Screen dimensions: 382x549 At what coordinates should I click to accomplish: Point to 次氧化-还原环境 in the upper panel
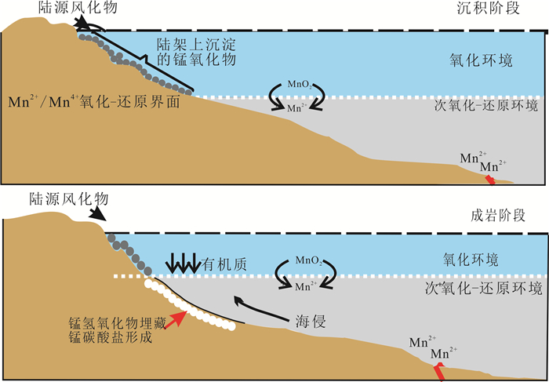pos(488,106)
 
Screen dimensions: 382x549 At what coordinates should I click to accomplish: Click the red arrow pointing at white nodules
pos(178,318)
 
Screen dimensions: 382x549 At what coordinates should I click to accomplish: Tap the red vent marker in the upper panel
pos(489,180)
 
